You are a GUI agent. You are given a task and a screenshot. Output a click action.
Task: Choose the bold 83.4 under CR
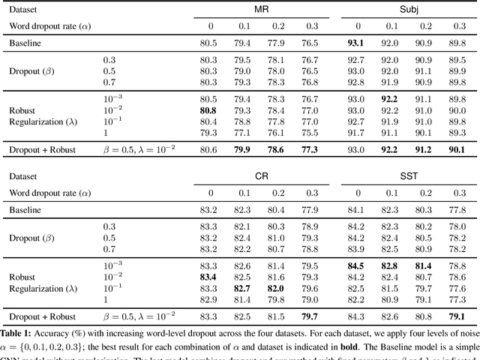tap(210, 277)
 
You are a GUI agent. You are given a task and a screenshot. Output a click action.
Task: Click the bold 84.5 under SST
tap(357, 266)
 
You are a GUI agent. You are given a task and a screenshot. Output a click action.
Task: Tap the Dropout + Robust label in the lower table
tap(43, 316)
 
